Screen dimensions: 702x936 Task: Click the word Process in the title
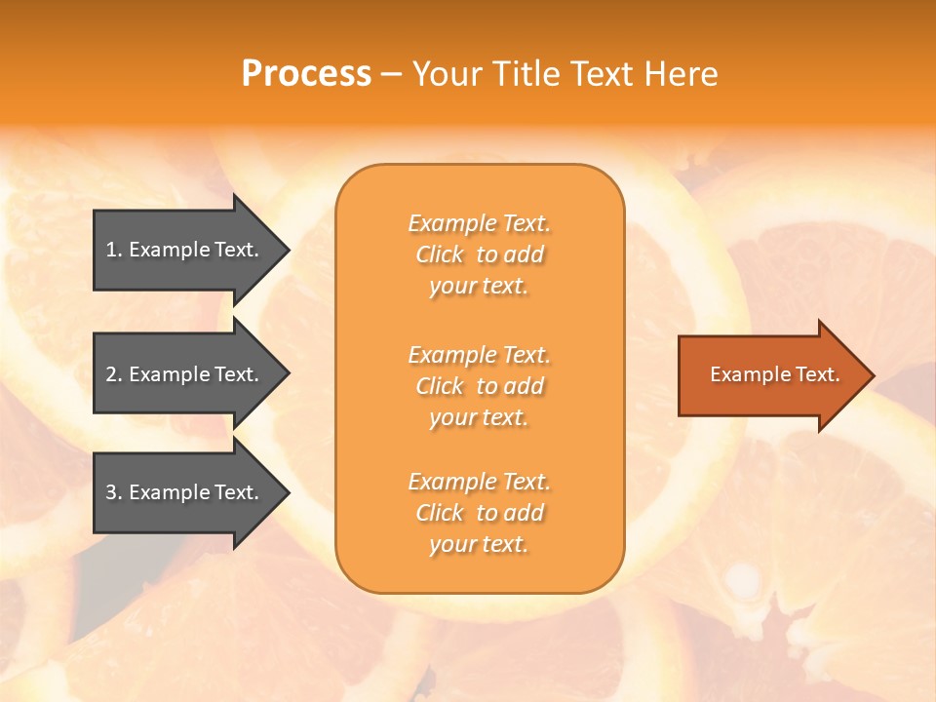pyautogui.click(x=306, y=74)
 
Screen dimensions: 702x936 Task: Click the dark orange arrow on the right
pyautogui.click(x=770, y=374)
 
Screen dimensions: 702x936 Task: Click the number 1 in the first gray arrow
pyautogui.click(x=111, y=250)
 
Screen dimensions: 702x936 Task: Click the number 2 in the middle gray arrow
pyautogui.click(x=111, y=374)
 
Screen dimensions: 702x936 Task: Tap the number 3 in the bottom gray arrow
pyautogui.click(x=111, y=492)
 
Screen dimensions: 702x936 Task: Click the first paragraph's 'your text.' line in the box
pyautogui.click(x=479, y=287)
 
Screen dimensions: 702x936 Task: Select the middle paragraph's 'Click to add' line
pyautogui.click(x=480, y=386)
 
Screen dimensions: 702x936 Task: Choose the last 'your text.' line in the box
pyautogui.click(x=479, y=545)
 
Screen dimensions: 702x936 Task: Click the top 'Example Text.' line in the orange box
pyautogui.click(x=480, y=224)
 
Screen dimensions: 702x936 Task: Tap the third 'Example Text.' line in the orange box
pyautogui.click(x=480, y=482)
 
